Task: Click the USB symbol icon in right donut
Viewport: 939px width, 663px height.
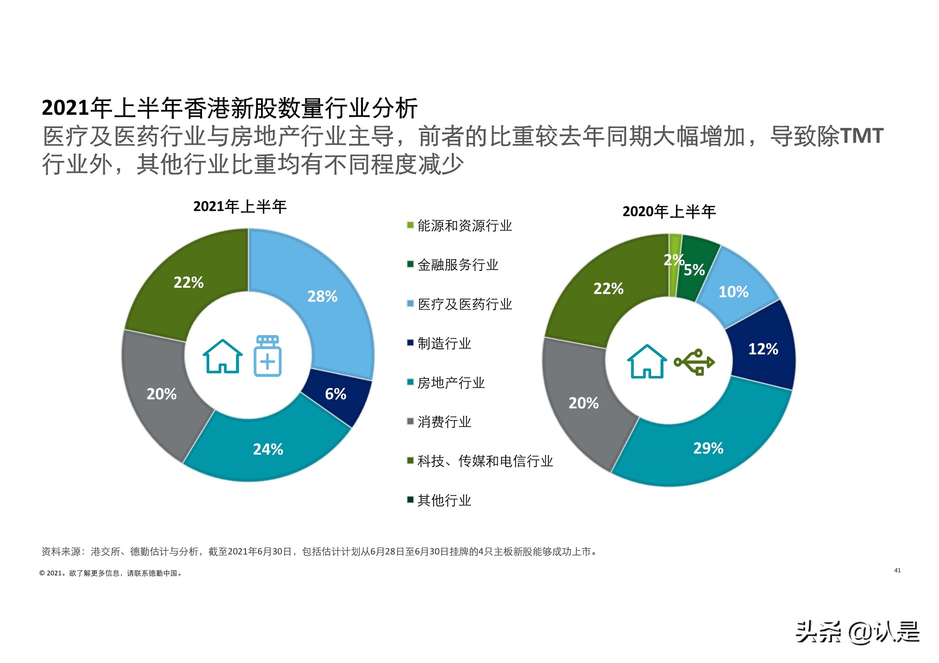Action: coord(694,362)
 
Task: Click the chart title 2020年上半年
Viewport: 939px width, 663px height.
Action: coord(669,212)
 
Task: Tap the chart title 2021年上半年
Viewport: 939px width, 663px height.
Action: coord(240,207)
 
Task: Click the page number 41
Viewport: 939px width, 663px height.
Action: coord(898,571)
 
